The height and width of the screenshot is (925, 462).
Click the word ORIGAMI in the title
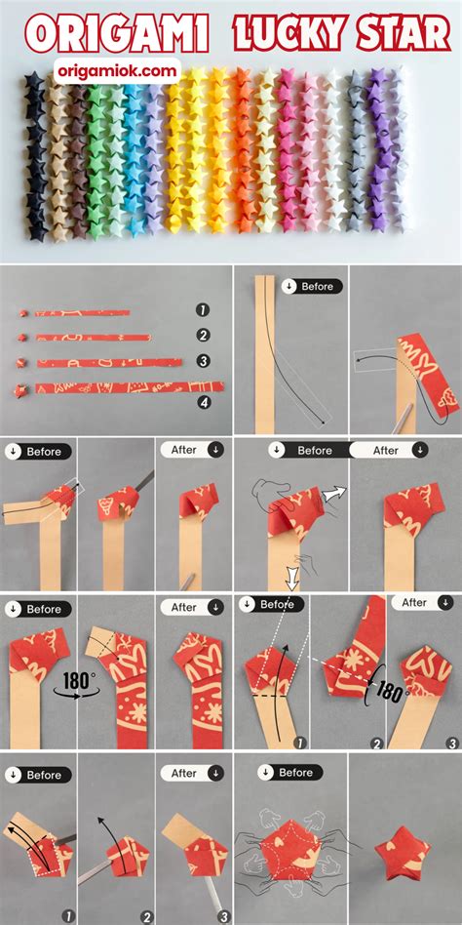116,34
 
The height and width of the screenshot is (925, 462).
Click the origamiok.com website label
117,72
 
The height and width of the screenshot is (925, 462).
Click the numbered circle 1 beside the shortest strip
204,309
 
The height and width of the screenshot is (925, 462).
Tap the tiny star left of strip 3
24,362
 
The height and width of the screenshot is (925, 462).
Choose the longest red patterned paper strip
129,388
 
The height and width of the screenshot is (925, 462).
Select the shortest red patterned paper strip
82,312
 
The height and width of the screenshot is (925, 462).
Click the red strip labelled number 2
94,338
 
